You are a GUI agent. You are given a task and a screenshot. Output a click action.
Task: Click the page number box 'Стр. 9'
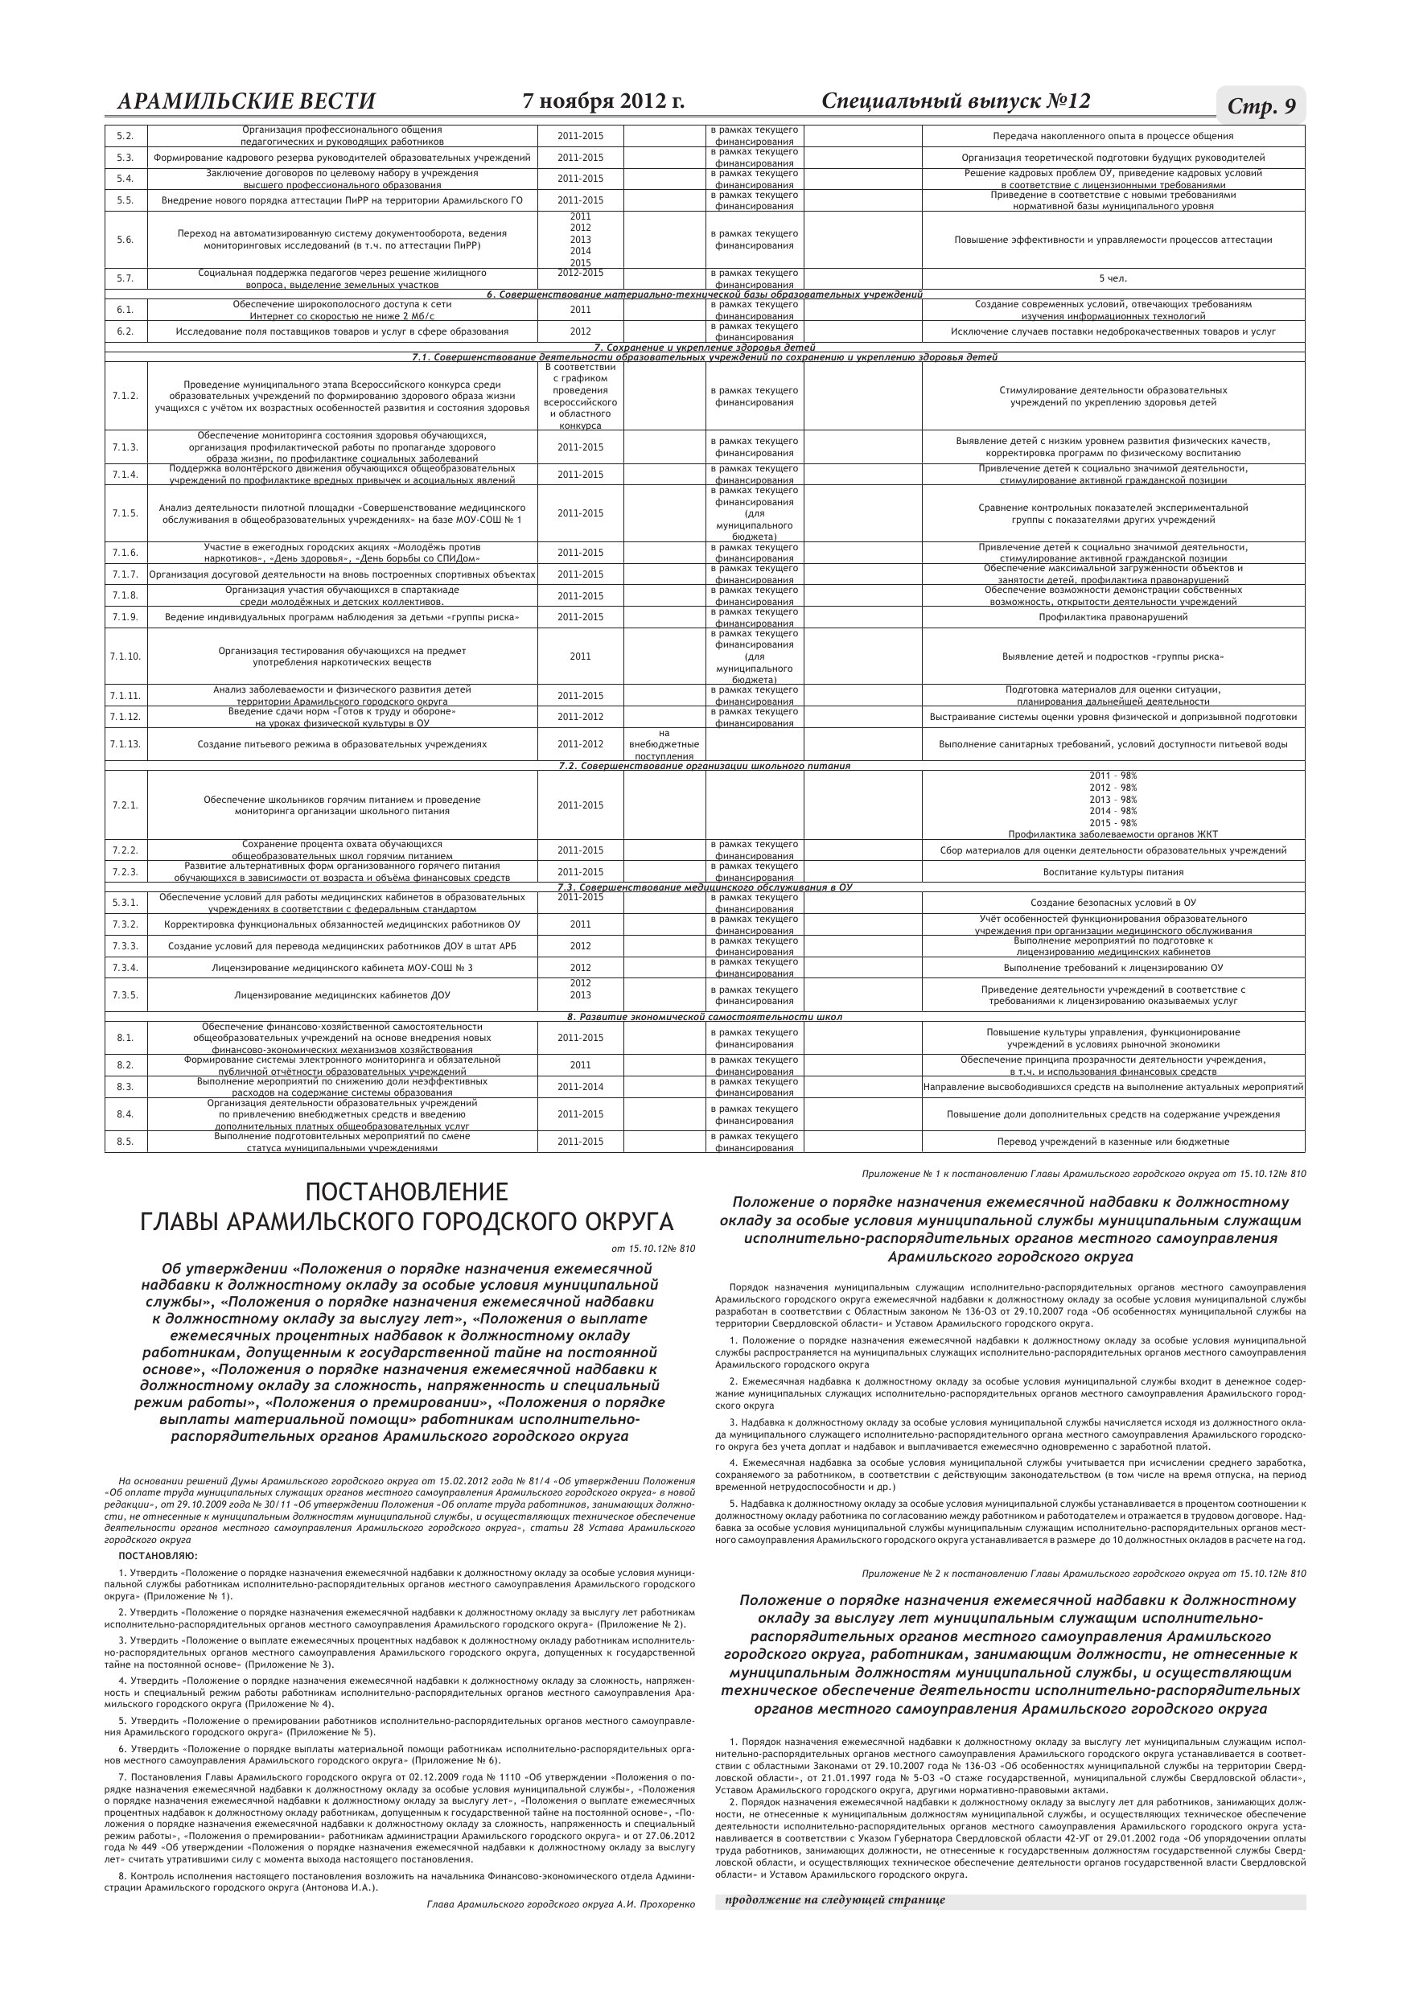point(1261,106)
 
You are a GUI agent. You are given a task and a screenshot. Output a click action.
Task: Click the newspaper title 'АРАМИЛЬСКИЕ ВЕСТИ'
point(246,101)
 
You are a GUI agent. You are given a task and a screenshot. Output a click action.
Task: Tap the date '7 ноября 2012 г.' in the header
point(603,101)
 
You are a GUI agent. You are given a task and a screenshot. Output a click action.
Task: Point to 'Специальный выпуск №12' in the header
point(955,101)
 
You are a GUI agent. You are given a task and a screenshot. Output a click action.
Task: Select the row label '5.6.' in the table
point(125,240)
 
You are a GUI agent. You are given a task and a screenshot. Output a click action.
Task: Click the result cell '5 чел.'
point(1113,279)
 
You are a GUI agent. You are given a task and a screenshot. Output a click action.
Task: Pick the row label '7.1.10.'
point(125,656)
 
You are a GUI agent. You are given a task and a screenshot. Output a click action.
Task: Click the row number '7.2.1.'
point(125,805)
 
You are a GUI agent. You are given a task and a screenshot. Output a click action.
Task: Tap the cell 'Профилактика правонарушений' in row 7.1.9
point(1113,617)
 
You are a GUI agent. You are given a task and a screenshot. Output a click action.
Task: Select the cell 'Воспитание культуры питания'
point(1113,872)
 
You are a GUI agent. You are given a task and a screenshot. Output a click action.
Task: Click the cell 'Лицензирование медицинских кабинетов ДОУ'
point(342,995)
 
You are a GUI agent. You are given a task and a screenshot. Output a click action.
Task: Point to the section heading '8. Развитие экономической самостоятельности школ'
point(704,1016)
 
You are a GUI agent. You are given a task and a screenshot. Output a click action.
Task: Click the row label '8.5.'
point(125,1142)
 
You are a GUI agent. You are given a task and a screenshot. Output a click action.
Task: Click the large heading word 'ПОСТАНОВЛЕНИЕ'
point(406,1191)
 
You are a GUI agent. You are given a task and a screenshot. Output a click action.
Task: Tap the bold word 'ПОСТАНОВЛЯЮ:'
point(158,1555)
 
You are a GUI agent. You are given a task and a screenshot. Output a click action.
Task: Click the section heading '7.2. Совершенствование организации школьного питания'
point(704,766)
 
